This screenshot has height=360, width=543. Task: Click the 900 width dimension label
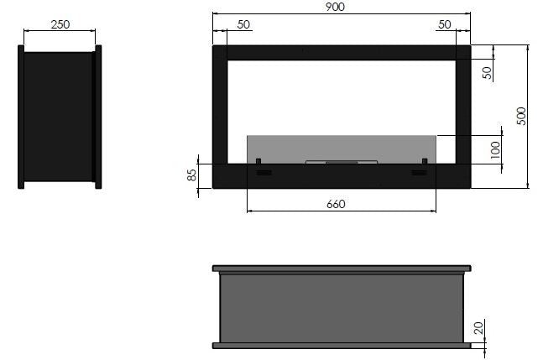(x=335, y=7)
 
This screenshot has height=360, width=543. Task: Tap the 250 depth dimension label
(x=60, y=24)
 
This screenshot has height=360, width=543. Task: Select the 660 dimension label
(x=336, y=204)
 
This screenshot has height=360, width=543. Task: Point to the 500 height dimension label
(x=521, y=116)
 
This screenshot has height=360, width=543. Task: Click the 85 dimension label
(x=191, y=175)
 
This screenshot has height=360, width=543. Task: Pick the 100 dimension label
(x=495, y=150)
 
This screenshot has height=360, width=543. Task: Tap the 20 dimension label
(x=478, y=328)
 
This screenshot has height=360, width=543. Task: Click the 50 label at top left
(x=243, y=24)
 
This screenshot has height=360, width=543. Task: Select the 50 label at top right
(x=445, y=24)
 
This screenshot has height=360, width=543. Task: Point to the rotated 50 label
(x=487, y=73)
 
